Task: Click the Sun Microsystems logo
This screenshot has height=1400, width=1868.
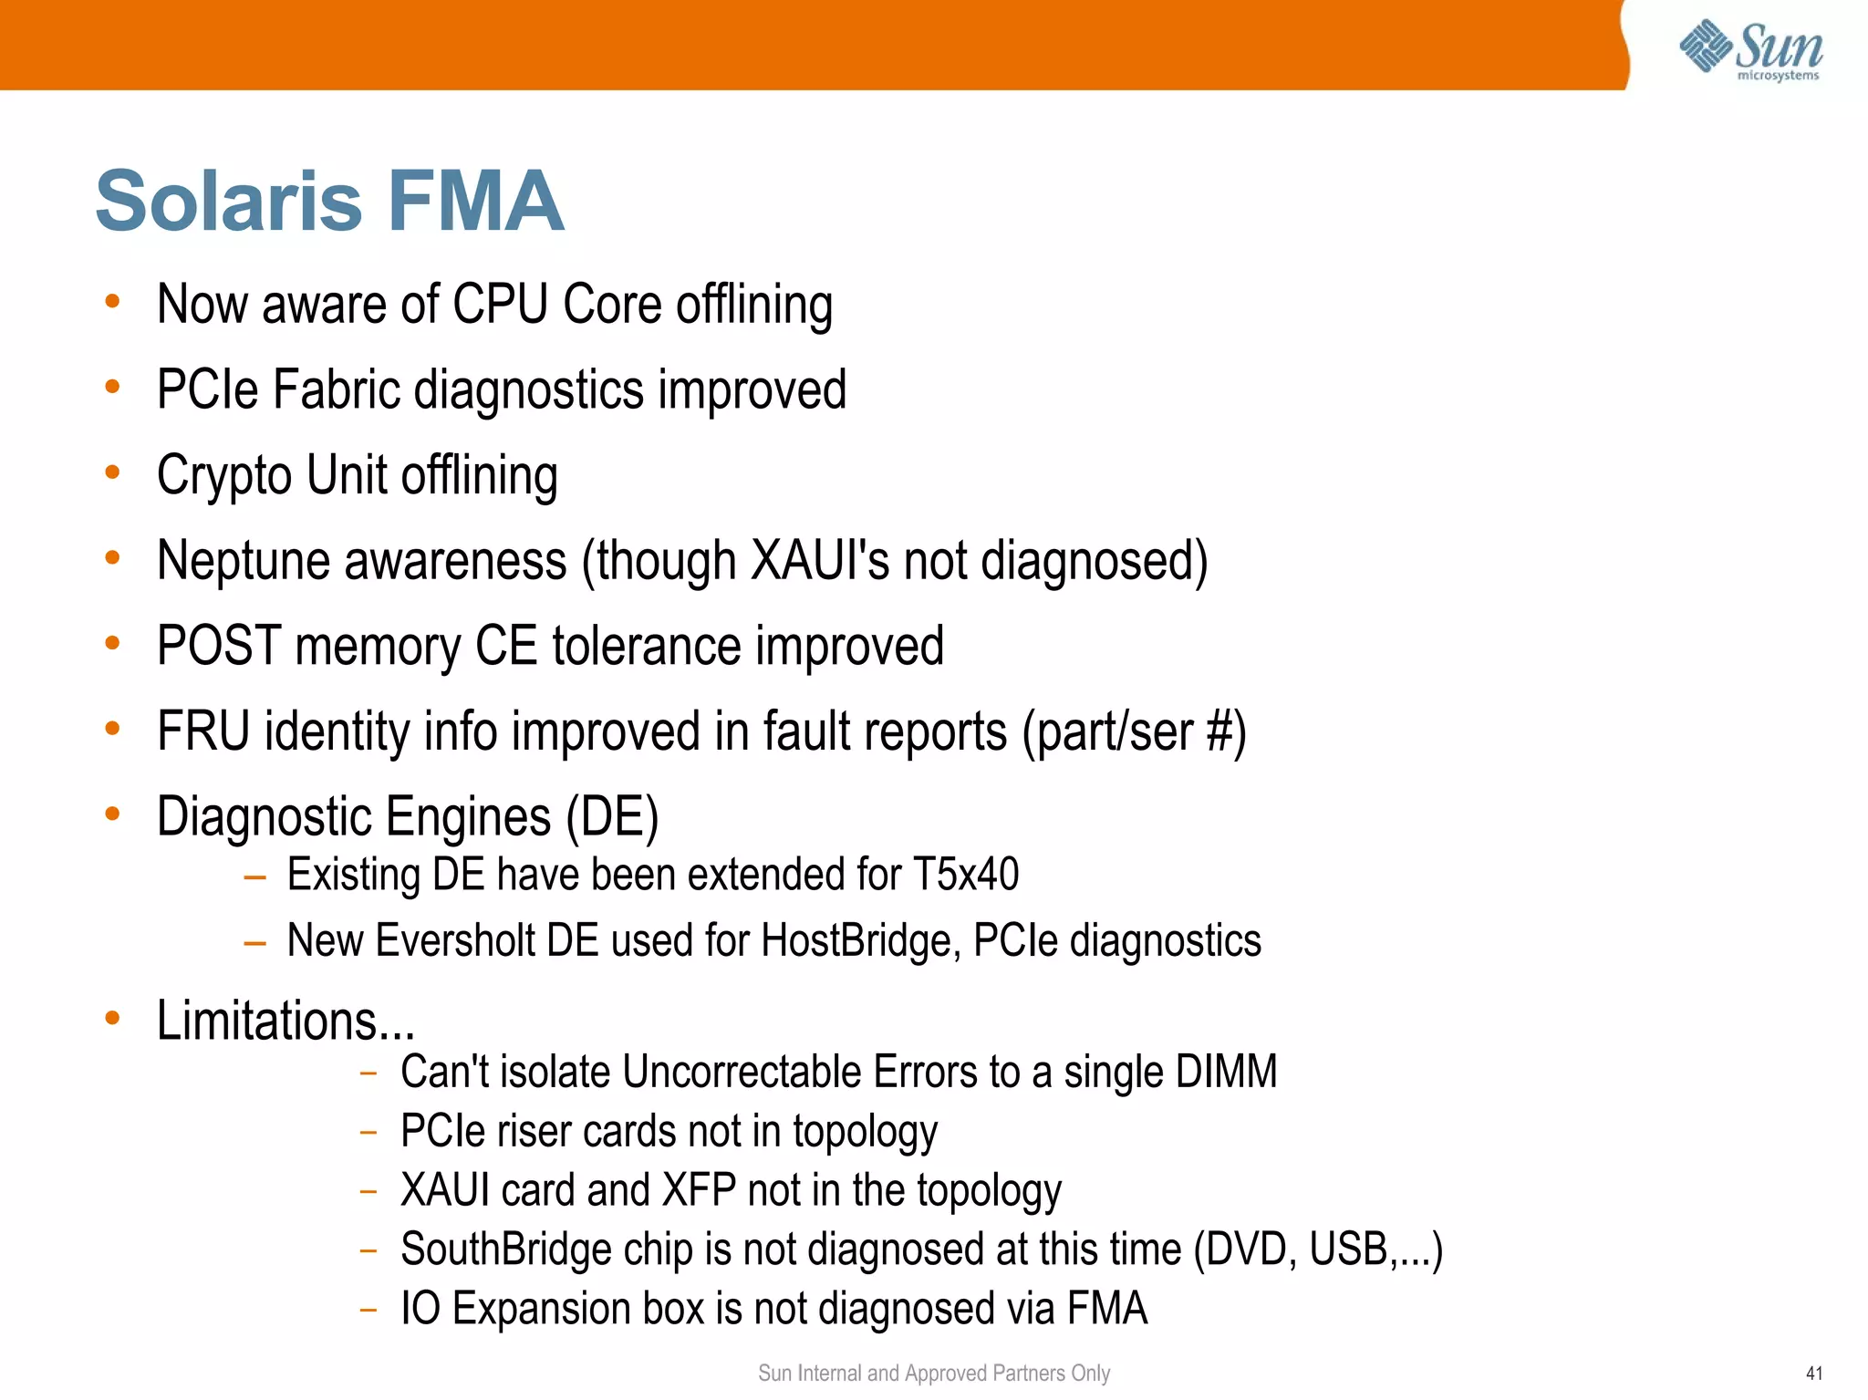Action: click(x=1751, y=50)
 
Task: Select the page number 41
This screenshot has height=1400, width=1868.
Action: click(x=1813, y=1373)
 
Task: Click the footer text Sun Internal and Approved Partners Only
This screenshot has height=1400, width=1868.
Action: click(x=933, y=1373)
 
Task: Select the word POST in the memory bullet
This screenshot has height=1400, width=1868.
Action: click(x=218, y=646)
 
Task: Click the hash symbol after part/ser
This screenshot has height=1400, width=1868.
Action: click(x=1219, y=731)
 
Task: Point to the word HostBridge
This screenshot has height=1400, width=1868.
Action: click(x=860, y=940)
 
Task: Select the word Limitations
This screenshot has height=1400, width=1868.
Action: click(x=267, y=1021)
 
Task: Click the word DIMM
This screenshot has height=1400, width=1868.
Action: click(x=1226, y=1072)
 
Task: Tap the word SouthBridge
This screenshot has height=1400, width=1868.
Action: click(x=505, y=1249)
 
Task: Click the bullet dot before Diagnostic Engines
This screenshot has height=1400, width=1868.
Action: click(x=112, y=814)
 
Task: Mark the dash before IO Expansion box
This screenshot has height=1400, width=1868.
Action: click(x=368, y=1310)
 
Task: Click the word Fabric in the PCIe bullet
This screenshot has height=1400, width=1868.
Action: click(x=337, y=390)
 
